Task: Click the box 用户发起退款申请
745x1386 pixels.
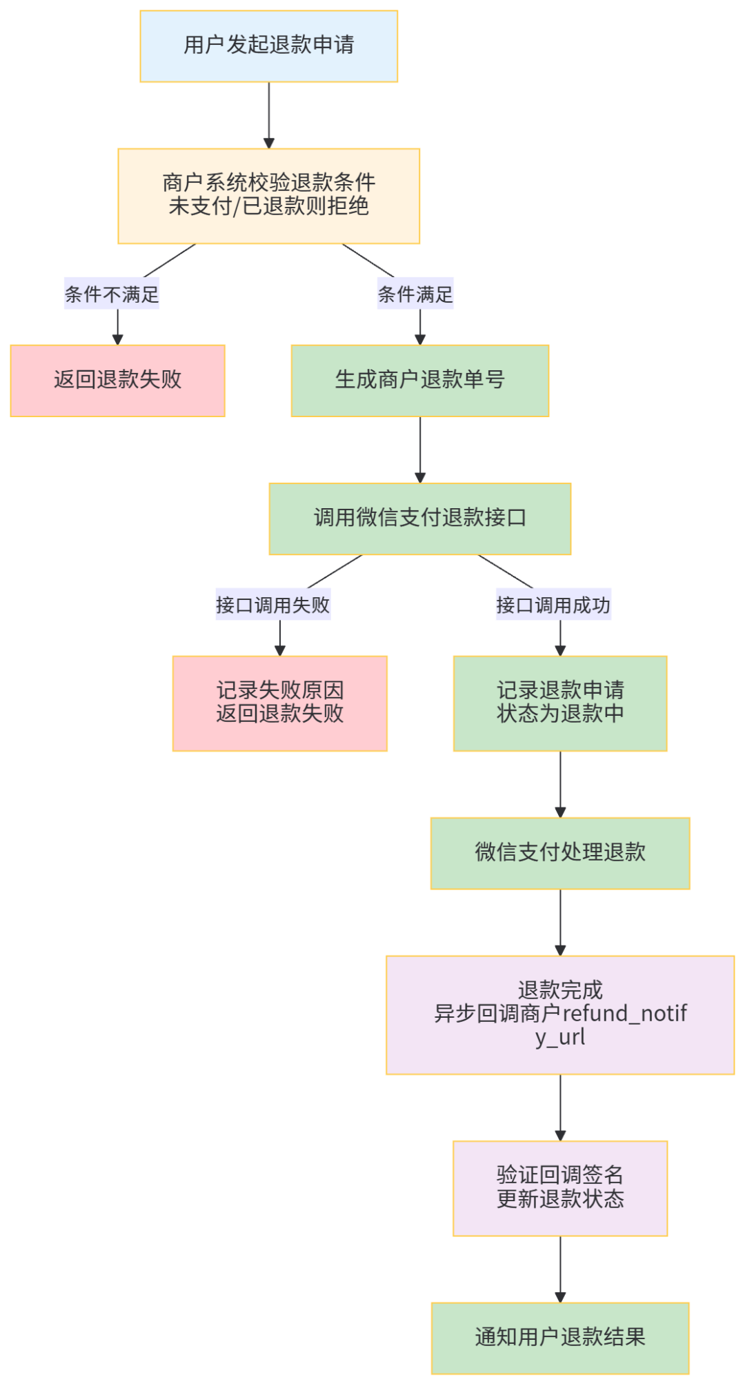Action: [269, 46]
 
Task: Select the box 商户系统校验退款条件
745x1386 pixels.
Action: [269, 196]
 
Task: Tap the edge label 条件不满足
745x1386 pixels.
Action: [112, 294]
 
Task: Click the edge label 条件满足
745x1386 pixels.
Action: [415, 294]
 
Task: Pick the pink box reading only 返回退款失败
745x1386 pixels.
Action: [117, 381]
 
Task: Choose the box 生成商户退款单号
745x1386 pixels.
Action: [420, 381]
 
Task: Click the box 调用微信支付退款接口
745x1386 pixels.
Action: [420, 519]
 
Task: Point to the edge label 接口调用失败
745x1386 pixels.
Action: [272, 605]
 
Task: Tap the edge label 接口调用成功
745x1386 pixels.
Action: [553, 605]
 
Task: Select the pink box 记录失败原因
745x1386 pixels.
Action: [279, 703]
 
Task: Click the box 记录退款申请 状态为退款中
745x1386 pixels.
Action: [560, 703]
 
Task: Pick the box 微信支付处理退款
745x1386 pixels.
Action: [560, 853]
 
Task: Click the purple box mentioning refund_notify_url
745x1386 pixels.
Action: [560, 1014]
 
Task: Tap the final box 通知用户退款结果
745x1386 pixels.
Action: [560, 1338]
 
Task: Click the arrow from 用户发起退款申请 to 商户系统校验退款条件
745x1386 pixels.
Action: [269, 114]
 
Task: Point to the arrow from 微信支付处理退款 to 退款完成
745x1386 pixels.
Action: [560, 922]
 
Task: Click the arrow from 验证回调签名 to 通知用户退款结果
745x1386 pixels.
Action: [560, 1269]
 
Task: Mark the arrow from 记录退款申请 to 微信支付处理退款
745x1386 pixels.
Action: [560, 784]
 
